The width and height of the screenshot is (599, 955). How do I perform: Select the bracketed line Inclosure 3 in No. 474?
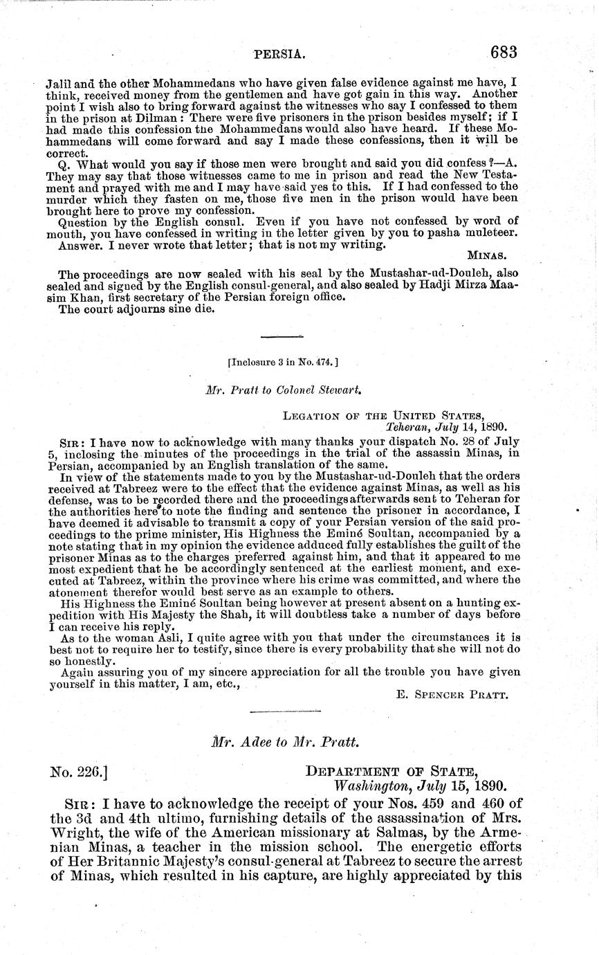point(282,361)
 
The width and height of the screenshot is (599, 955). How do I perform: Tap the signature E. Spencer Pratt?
point(453,695)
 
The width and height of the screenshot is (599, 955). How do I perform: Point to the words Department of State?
point(391,772)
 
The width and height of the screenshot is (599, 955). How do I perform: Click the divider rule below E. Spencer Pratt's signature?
point(284,711)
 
